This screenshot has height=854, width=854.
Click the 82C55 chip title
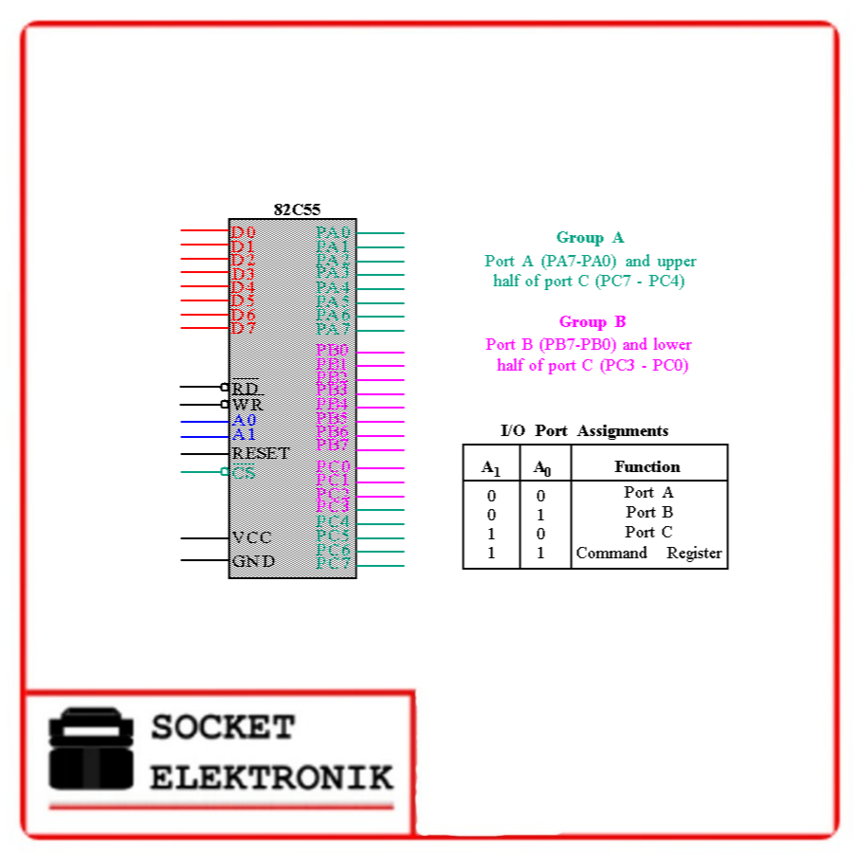(297, 210)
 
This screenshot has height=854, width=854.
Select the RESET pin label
(261, 453)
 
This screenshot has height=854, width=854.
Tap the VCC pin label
(251, 537)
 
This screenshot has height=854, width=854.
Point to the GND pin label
(253, 560)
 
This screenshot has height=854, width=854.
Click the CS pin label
(244, 472)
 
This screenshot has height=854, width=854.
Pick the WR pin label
(247, 405)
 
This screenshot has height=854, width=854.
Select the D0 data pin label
(243, 232)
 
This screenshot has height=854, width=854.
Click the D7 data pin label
(243, 328)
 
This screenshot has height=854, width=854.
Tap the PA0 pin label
(334, 232)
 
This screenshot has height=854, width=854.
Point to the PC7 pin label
(334, 564)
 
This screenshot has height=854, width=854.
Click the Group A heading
(590, 238)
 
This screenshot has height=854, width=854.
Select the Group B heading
(592, 322)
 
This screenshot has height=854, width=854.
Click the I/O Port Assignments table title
(584, 431)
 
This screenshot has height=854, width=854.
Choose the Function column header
(647, 466)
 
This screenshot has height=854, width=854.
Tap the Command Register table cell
(649, 554)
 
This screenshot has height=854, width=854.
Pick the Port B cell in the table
(649, 513)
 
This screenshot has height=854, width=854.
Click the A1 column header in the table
(490, 467)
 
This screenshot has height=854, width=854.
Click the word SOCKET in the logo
(223, 728)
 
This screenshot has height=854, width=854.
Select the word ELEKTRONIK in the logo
(271, 778)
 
